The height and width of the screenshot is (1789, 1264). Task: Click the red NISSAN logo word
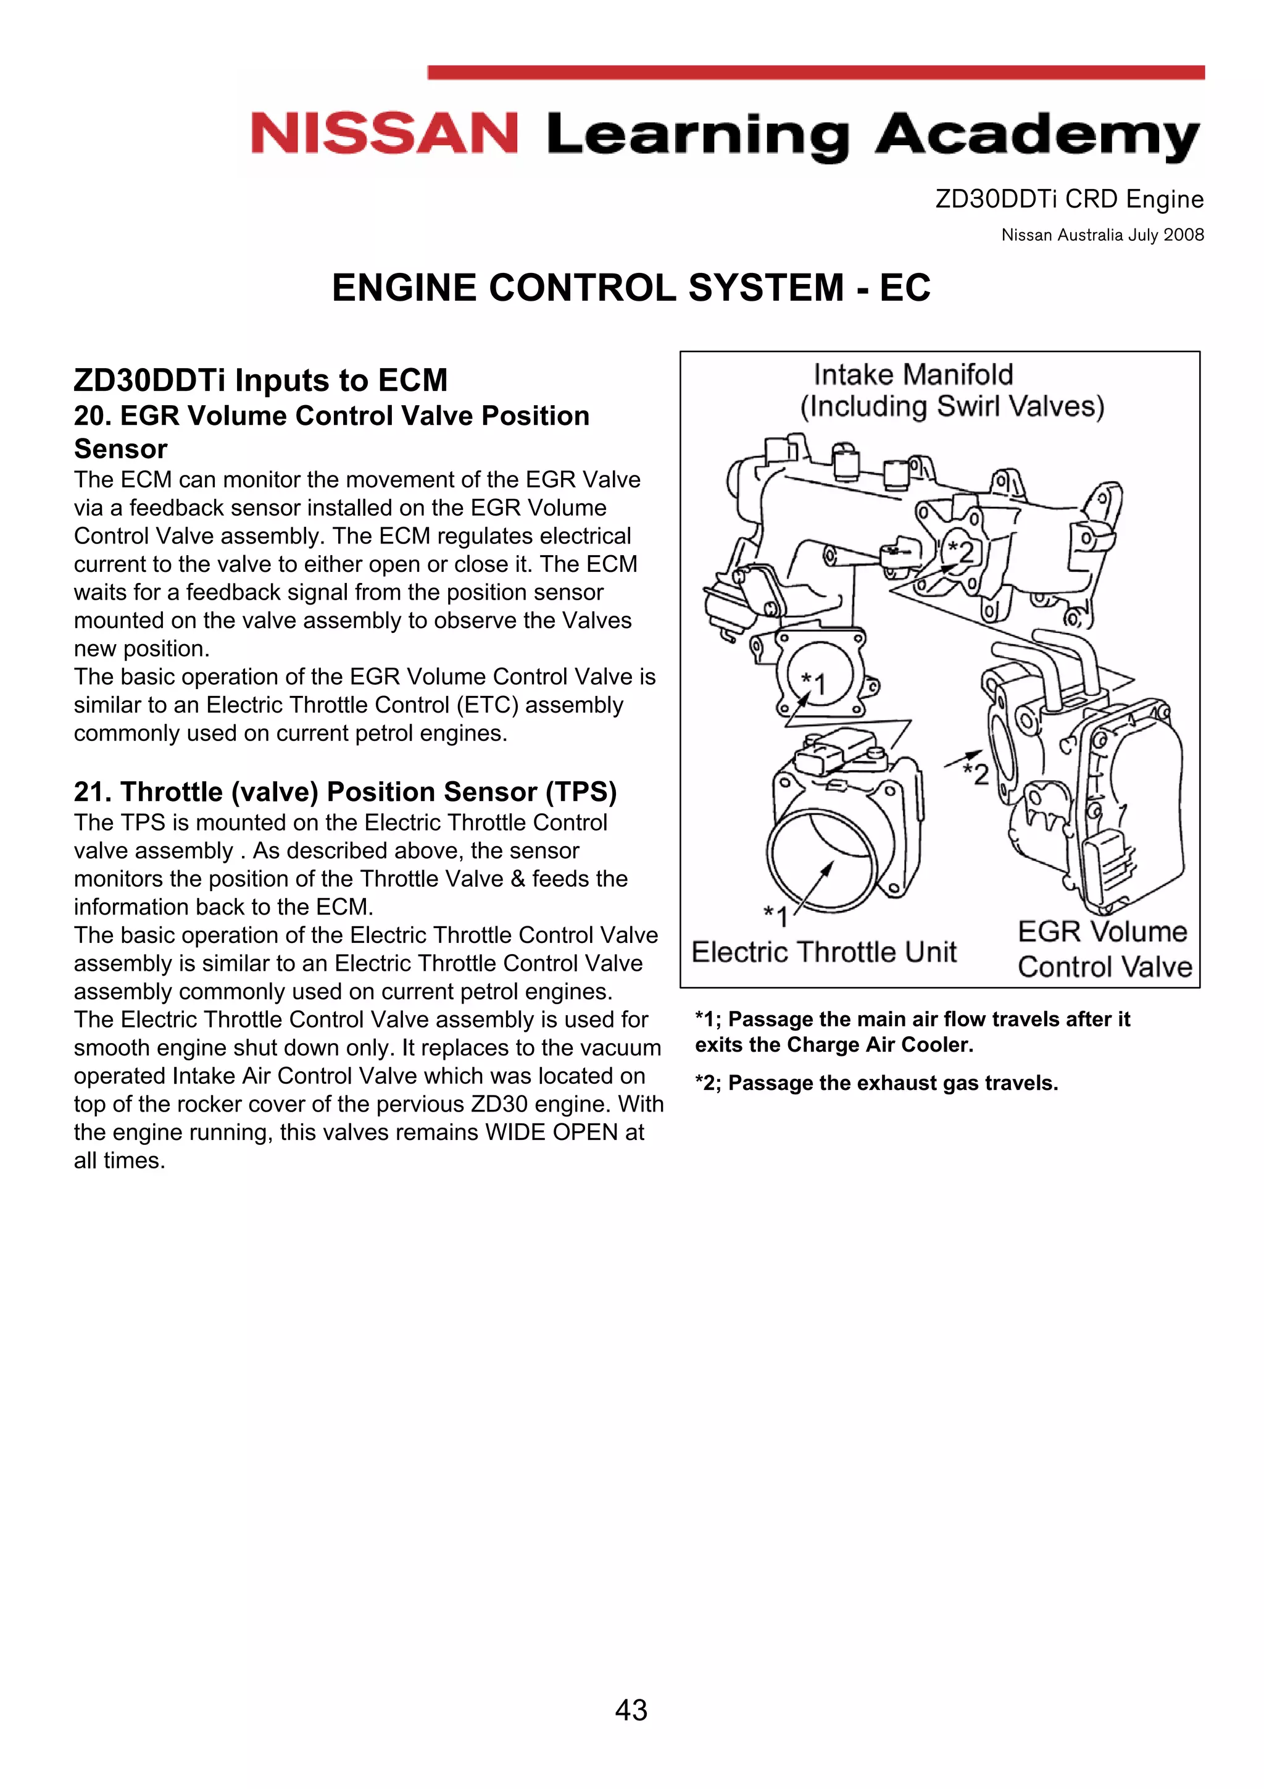coord(384,133)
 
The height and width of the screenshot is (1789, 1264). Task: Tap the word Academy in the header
coord(1037,136)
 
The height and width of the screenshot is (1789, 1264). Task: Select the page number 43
coord(631,1709)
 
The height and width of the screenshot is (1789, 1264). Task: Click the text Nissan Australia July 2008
coord(1102,235)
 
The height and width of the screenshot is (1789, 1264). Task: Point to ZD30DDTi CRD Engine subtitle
coord(1070,199)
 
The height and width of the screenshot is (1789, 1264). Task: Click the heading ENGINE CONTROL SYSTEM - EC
coord(631,288)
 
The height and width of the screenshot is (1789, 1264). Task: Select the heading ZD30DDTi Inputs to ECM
coord(261,380)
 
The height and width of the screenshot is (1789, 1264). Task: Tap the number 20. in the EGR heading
coord(93,416)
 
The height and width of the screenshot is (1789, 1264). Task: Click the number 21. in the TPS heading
coord(93,792)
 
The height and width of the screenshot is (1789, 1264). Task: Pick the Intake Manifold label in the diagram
coord(913,375)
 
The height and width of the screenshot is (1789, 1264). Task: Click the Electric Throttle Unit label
coord(824,952)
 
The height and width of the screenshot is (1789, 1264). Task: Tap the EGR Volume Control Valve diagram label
coord(1104,949)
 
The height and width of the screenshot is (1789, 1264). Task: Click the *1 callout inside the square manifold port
coord(814,682)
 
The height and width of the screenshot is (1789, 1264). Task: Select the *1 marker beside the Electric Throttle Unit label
coord(776,916)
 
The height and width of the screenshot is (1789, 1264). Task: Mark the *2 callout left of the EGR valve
coord(976,773)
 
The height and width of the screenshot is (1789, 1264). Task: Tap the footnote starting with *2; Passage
coord(876,1083)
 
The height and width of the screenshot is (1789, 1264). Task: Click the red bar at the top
coord(815,72)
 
